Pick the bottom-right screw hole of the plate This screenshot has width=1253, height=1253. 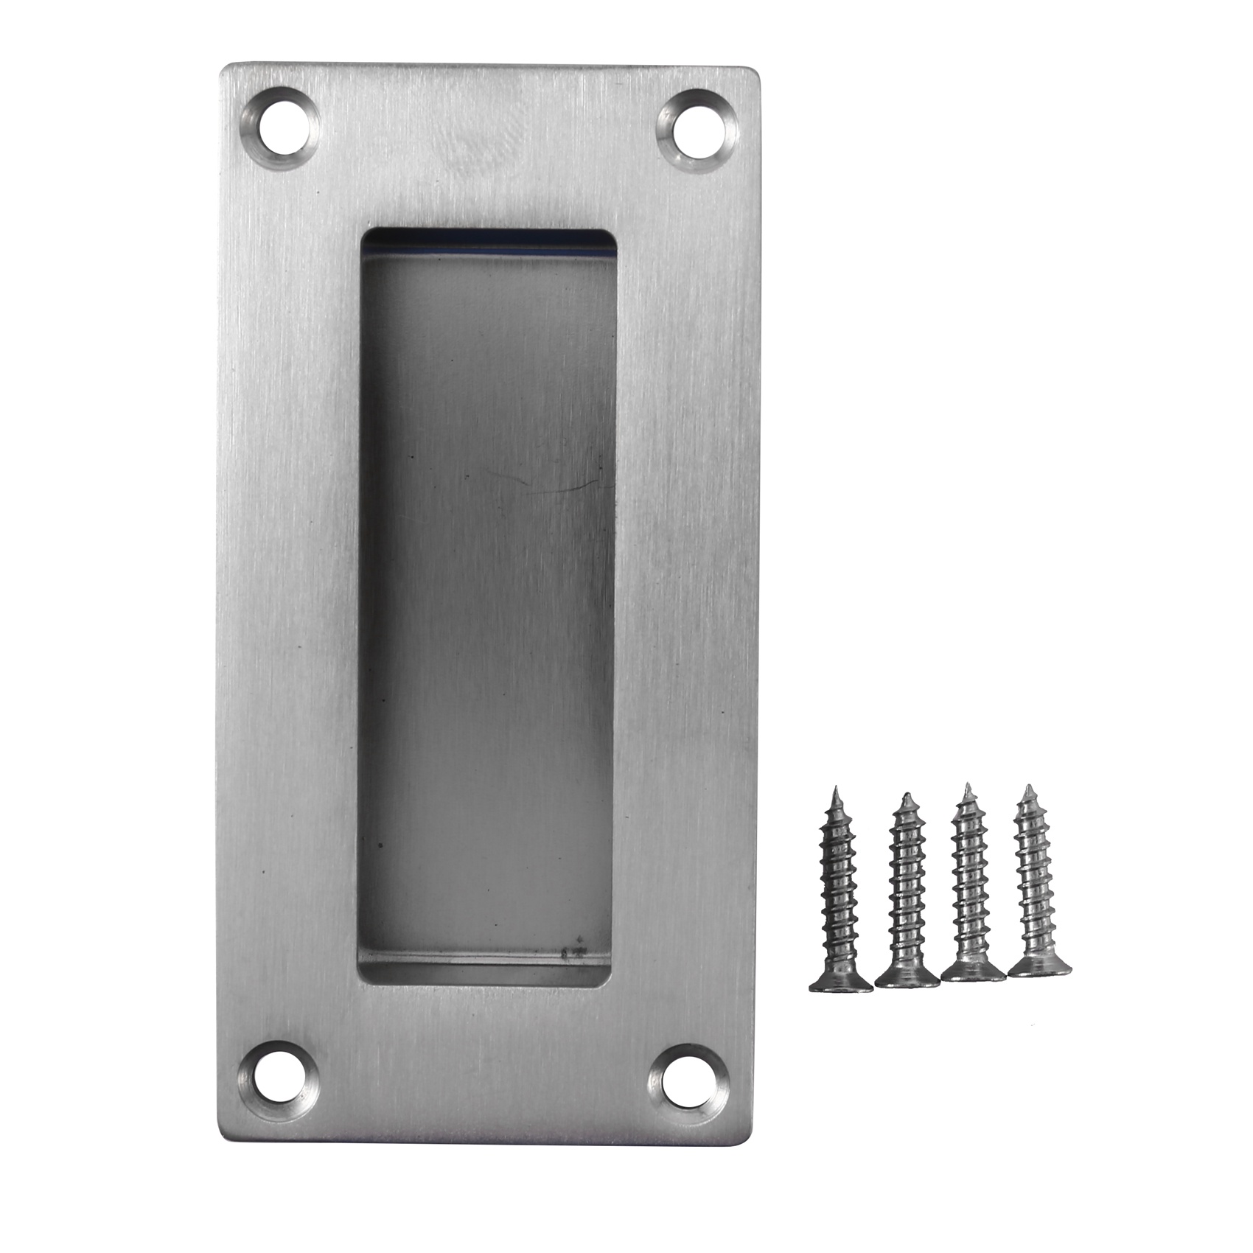point(688,1085)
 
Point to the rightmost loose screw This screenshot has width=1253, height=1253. point(1038,888)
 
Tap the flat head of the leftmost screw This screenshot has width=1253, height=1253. point(841,984)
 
